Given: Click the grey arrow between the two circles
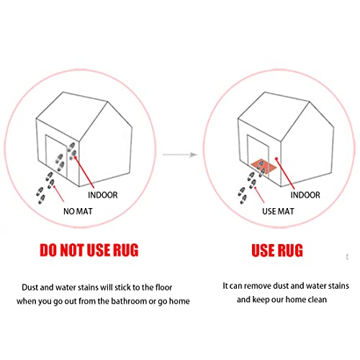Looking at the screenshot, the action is pos(180,155).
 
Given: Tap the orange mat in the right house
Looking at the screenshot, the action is pos(264,166).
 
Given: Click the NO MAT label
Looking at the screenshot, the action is pos(78,211).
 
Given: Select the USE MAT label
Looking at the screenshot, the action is pos(278,211).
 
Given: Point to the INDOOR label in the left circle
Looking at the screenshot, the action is pos(103,195).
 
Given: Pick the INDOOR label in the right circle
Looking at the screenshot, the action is pos(305,195).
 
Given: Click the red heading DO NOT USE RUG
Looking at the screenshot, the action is pos(89,250).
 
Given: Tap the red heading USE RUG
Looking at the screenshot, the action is pos(277,251).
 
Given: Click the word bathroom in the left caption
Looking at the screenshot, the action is pos(129,301).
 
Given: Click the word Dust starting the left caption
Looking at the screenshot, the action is pos(30,287).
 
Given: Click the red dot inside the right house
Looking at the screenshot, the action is pos(276,158).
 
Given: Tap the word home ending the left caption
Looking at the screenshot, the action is pos(179,301).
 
